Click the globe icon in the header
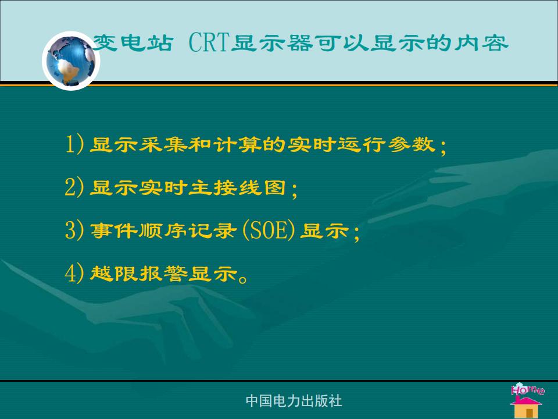coord(71,61)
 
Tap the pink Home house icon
coord(527,400)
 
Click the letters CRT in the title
coord(208,42)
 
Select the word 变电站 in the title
coord(134,42)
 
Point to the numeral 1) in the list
coord(74,144)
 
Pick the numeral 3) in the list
coord(74,230)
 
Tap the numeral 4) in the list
coord(74,274)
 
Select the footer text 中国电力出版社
coord(294,401)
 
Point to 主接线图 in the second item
coord(237,187)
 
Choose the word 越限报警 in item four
coord(139,274)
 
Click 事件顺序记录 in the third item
coord(163,230)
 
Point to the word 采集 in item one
coord(163,144)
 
